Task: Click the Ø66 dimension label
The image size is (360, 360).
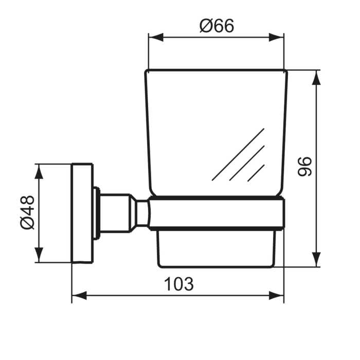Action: pos(217,26)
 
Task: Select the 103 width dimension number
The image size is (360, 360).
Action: pos(178,283)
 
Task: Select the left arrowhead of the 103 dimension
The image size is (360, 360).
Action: pos(78,295)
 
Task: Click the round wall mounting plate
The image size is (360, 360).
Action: pos(82,213)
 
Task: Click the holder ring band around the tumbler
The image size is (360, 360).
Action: pos(216,212)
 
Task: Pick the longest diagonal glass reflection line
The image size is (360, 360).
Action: pos(238,154)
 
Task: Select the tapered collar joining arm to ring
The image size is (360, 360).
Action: pos(142,212)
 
